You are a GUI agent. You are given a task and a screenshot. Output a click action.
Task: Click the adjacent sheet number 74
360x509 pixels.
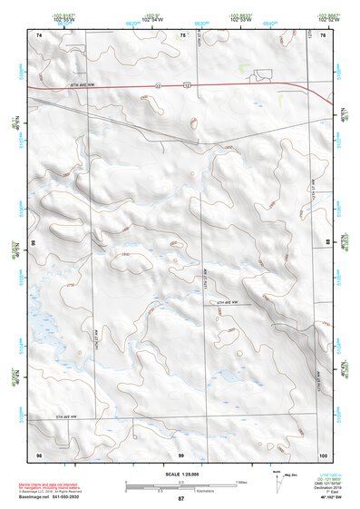tap(39, 34)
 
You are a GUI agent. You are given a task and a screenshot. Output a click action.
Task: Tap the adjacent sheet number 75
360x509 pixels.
tap(181, 34)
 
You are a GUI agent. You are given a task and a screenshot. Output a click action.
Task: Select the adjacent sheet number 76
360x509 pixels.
tap(322, 34)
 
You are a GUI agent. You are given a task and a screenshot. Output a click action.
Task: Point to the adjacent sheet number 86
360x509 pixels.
tap(35, 243)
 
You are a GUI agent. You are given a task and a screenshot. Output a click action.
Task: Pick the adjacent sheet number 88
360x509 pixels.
tap(326, 243)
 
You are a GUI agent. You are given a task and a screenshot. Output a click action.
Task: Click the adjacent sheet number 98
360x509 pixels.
tap(39, 453)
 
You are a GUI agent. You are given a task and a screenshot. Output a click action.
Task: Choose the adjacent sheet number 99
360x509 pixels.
tap(181, 453)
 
